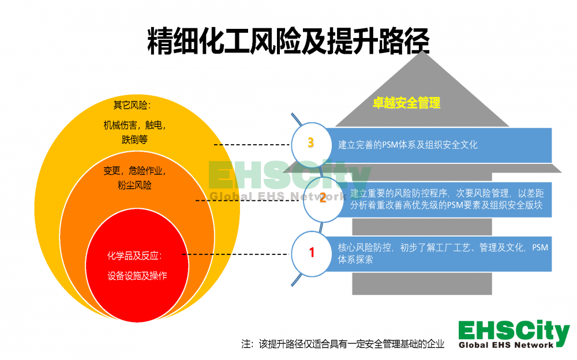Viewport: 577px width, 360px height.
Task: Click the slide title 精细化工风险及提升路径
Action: [x=288, y=42]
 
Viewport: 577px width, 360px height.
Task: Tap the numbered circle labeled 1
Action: [x=312, y=252]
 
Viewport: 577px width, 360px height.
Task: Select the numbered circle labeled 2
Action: [x=323, y=199]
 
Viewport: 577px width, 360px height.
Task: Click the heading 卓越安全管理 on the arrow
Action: [x=406, y=103]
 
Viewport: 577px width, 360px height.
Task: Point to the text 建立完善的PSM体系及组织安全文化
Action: [x=407, y=145]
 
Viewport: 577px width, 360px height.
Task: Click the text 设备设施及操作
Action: [x=137, y=275]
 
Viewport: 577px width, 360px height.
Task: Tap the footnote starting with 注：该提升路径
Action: [x=343, y=344]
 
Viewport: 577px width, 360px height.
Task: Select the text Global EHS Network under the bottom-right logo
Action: [x=505, y=344]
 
